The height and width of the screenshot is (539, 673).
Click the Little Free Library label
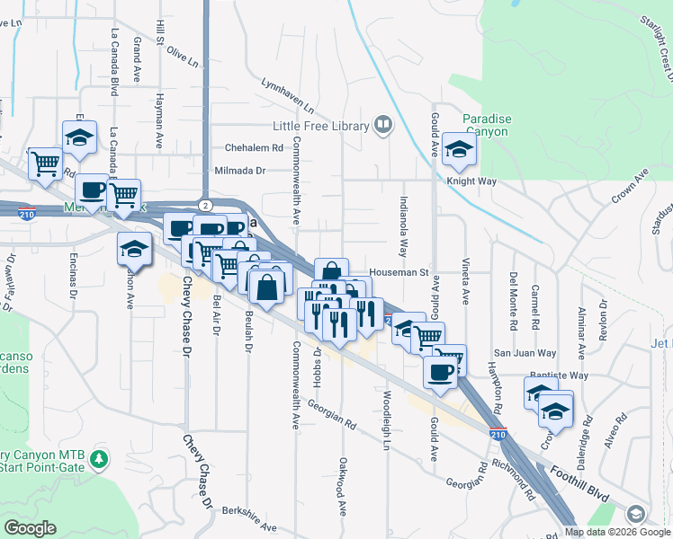[322, 127]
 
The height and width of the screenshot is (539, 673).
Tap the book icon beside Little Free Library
[383, 125]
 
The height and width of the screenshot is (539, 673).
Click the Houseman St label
[398, 272]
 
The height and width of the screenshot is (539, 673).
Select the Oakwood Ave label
[343, 486]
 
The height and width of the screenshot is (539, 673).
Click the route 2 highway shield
[206, 206]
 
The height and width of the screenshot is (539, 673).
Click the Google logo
[30, 528]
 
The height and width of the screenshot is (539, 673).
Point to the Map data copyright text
[616, 532]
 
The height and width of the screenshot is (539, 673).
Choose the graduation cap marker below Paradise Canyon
[460, 152]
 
